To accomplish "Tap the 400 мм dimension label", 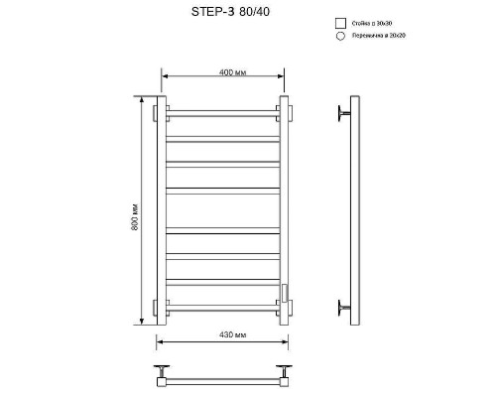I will coord(221,72).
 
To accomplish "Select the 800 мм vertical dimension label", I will coord(134,219).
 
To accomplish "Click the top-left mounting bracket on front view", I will coord(156,113).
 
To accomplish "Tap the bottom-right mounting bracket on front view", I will coord(289,306).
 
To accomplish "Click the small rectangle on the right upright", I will coord(286,292).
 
